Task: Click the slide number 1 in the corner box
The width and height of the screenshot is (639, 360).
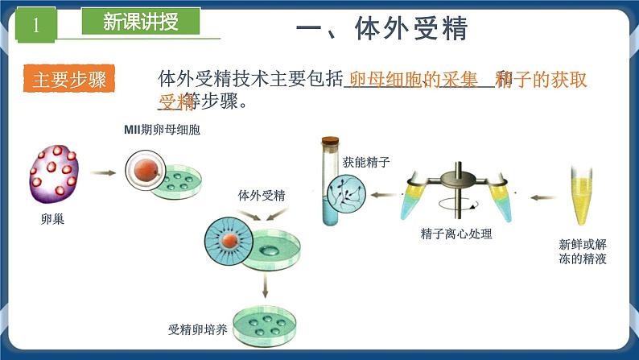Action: point(35,25)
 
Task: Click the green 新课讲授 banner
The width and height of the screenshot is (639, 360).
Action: point(142,23)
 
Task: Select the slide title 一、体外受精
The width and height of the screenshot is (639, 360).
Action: point(382,28)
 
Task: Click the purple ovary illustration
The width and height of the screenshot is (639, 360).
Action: point(55,172)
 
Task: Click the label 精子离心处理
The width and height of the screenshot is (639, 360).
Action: point(456,234)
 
